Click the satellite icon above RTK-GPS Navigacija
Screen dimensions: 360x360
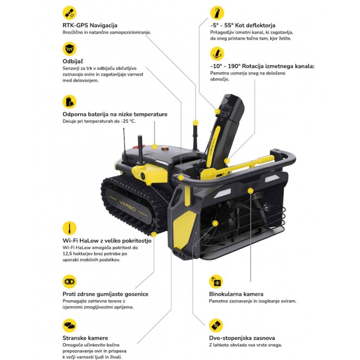70,13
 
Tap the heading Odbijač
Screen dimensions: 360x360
73,61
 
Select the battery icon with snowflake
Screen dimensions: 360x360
70,102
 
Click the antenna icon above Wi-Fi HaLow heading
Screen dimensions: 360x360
70,228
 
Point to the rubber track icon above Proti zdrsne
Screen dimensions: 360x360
70,282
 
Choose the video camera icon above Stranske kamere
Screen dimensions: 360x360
70,326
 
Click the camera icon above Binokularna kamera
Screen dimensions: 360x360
216,282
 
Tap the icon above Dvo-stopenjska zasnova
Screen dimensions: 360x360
216,326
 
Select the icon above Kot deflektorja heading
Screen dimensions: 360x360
217,13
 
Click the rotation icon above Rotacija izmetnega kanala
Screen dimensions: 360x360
217,54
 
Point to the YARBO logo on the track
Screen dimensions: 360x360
127,206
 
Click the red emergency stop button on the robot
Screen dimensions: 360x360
140,146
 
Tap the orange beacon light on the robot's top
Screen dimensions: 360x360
165,148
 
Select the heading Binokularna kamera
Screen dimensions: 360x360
236,294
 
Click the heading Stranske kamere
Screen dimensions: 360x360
85,338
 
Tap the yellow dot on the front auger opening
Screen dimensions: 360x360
215,223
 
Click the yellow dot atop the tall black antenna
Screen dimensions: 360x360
195,122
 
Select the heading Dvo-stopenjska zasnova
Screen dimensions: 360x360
242,338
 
